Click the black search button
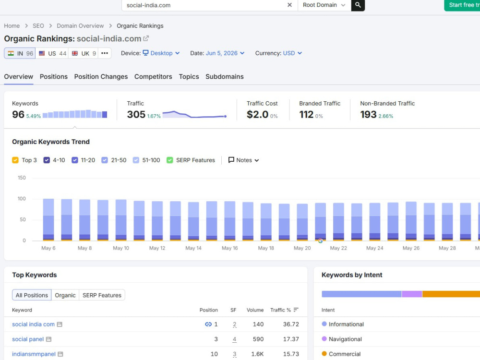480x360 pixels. click(358, 5)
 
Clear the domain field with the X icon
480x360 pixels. click(289, 5)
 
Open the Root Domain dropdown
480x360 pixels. click(324, 5)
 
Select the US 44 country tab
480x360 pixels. click(52, 53)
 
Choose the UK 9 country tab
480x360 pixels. click(84, 53)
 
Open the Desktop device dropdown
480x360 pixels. click(161, 53)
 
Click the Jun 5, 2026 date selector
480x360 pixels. click(225, 53)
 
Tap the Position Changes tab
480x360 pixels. click(101, 76)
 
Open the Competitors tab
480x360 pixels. click(153, 76)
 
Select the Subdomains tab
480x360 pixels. click(224, 76)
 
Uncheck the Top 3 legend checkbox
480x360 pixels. click(15, 160)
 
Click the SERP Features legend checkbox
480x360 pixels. click(170, 160)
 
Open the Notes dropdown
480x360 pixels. click(244, 160)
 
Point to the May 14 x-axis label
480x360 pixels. click(193, 248)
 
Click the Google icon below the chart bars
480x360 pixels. click(320, 241)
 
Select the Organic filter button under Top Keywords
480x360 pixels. click(65, 295)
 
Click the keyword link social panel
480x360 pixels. click(28, 339)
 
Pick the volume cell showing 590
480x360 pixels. click(258, 339)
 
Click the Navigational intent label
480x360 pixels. click(345, 339)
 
